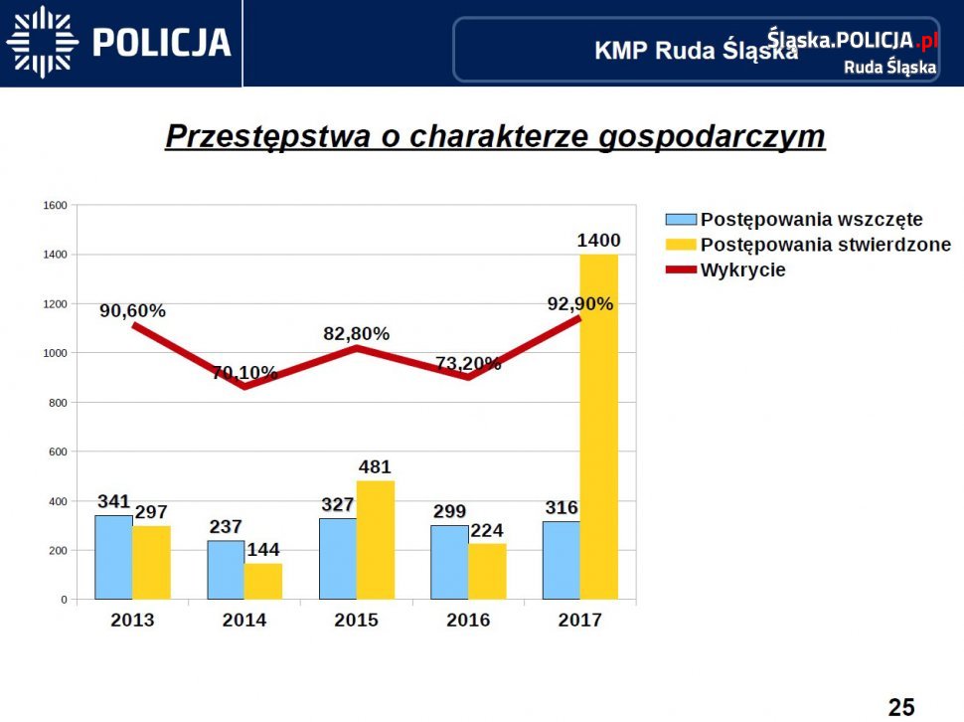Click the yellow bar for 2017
(x=599, y=428)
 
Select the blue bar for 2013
(x=113, y=557)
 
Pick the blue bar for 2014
(x=226, y=570)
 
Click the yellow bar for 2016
(x=487, y=571)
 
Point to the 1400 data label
(x=598, y=240)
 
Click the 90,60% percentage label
(x=132, y=310)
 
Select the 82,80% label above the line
(x=356, y=334)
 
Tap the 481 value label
(x=375, y=466)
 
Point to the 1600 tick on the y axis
(x=55, y=206)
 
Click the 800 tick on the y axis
(x=58, y=403)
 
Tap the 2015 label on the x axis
(x=356, y=621)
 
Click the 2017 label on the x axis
(x=580, y=621)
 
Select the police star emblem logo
(x=42, y=42)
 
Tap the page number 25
(x=900, y=707)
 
